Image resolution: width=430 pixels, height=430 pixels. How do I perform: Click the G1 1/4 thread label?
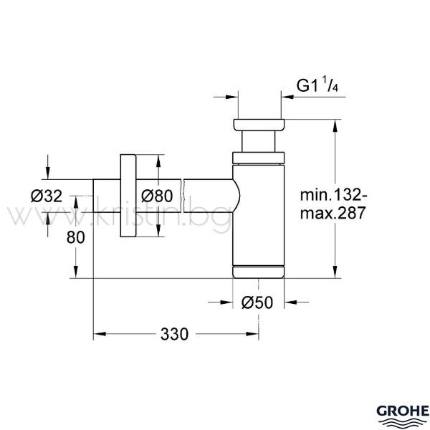[317, 85]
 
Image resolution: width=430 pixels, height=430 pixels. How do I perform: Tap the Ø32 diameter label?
[47, 196]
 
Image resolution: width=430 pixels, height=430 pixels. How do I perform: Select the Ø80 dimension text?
[157, 196]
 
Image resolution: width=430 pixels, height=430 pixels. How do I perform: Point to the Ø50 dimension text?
[257, 302]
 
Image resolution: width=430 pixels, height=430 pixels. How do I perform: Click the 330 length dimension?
[174, 334]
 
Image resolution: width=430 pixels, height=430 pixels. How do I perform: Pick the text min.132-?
[333, 195]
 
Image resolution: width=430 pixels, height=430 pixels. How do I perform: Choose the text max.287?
[333, 213]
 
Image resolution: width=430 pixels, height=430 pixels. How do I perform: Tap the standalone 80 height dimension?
[76, 237]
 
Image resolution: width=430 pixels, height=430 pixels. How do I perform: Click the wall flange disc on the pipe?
[128, 196]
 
